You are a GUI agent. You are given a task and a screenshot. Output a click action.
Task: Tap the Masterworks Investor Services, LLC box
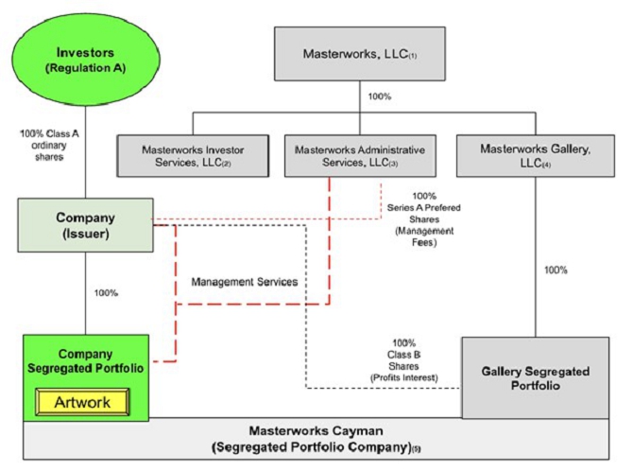tap(193, 155)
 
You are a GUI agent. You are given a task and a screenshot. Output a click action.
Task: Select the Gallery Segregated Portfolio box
tap(535, 377)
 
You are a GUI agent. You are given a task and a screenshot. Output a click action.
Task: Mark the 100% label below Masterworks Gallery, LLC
tap(556, 271)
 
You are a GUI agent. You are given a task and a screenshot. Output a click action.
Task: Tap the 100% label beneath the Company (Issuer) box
tap(106, 292)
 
